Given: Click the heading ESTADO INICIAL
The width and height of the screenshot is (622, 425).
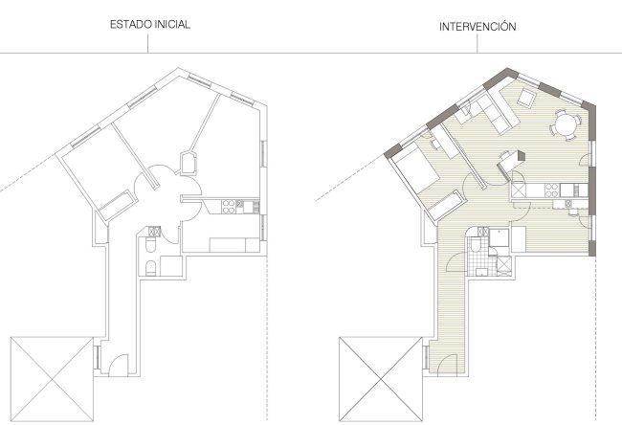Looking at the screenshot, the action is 150,24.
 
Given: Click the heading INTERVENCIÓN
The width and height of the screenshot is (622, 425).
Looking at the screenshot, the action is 478,27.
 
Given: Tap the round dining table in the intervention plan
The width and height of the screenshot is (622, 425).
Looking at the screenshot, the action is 566,124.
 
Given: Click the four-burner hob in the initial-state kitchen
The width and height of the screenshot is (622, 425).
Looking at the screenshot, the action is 228,207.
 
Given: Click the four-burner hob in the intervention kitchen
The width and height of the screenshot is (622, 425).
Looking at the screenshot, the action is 551,190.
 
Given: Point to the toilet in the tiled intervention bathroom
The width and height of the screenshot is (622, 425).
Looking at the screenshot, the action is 476,244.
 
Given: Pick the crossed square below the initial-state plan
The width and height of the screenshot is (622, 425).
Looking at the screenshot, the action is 52,379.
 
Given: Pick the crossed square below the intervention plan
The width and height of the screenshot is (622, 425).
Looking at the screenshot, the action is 381,379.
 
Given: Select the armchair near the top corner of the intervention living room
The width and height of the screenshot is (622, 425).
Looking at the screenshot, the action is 526,97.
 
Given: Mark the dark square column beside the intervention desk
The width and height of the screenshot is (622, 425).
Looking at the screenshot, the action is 521,156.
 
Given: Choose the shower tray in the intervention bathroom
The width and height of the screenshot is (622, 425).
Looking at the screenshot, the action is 499,237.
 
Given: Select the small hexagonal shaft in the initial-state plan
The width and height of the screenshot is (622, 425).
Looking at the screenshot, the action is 189,163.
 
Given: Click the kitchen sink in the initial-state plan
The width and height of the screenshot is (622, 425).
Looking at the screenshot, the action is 248,207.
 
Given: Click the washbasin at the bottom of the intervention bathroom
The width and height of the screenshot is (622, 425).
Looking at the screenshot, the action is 482,272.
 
